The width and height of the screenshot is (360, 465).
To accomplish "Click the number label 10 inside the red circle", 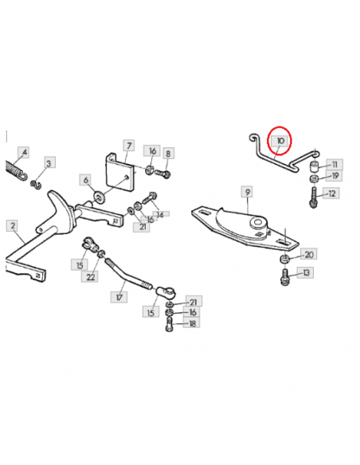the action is pyautogui.click(x=280, y=141).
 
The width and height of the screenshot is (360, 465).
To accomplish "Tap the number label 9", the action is pyautogui.click(x=248, y=192).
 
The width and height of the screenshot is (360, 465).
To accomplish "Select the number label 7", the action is pyautogui.click(x=129, y=146).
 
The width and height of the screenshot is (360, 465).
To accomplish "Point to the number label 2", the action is pyautogui.click(x=13, y=226).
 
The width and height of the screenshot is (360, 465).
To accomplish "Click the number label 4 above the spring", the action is pyautogui.click(x=24, y=152).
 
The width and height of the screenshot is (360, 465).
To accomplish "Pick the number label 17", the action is pyautogui.click(x=119, y=297).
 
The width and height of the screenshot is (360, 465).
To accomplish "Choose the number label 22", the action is pyautogui.click(x=90, y=276).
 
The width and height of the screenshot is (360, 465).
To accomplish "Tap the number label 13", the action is pyautogui.click(x=306, y=272).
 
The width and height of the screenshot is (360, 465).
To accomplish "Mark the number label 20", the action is pyautogui.click(x=309, y=255).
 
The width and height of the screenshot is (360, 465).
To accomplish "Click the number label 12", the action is pyautogui.click(x=331, y=193).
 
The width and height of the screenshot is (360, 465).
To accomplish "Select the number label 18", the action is pyautogui.click(x=192, y=322).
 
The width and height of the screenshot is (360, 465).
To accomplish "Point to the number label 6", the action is pyautogui.click(x=85, y=180).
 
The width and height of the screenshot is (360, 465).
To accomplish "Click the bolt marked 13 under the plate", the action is pyautogui.click(x=284, y=277).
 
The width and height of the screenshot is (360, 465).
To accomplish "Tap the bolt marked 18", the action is pyautogui.click(x=169, y=324).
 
